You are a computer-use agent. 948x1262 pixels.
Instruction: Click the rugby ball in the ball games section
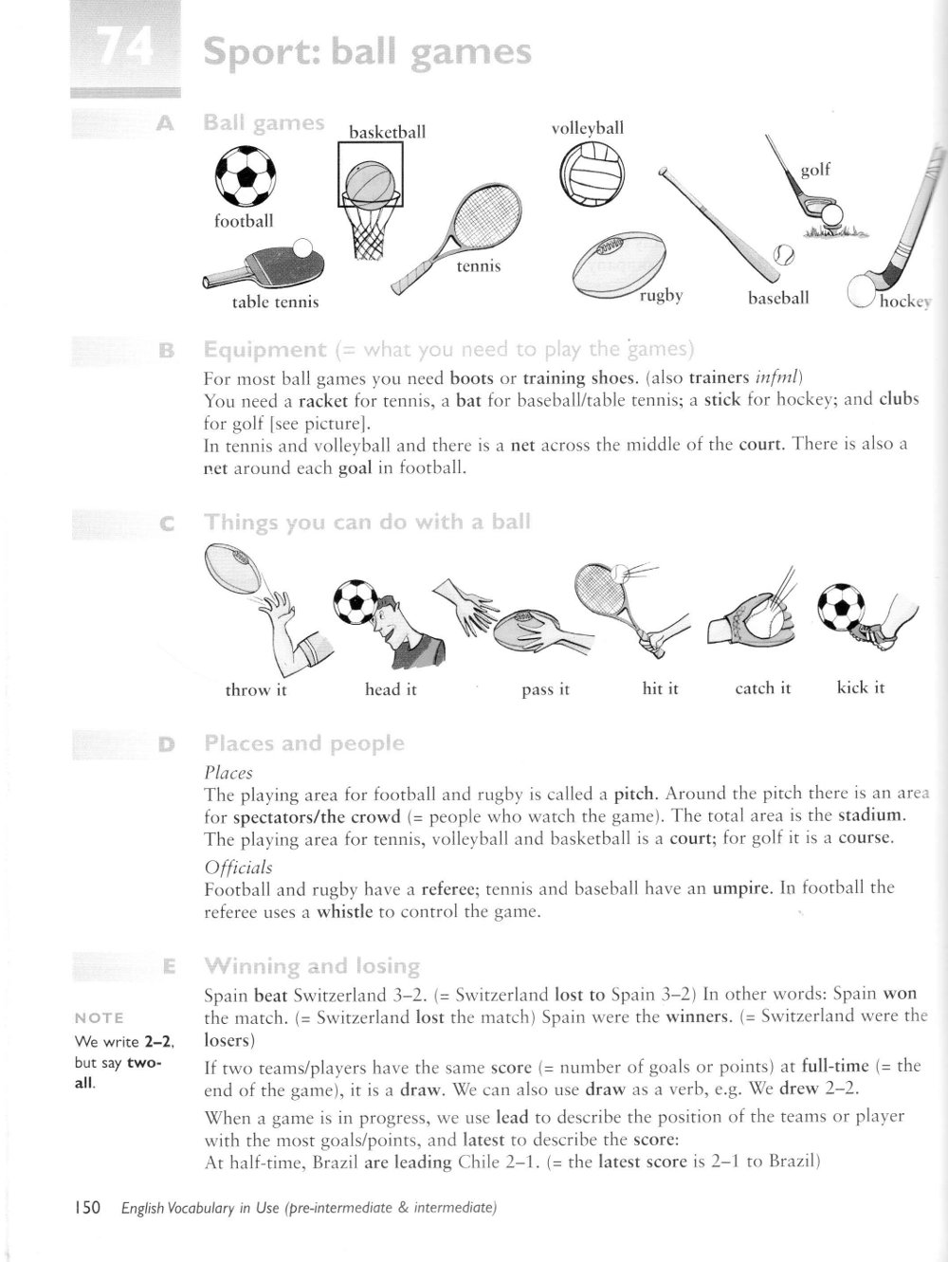click(x=620, y=265)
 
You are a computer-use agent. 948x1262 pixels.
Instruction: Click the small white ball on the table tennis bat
click(x=303, y=248)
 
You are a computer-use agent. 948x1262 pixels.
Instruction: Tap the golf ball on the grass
click(x=831, y=214)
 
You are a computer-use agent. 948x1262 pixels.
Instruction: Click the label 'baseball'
click(x=778, y=298)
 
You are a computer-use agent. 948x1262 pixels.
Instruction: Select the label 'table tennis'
click(x=276, y=302)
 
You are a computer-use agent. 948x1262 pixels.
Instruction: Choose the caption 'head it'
click(x=391, y=689)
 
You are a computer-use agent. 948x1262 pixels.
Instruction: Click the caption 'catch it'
click(x=762, y=687)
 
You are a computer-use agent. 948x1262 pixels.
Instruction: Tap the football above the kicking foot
click(x=842, y=604)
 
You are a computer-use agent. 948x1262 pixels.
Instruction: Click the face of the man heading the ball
click(x=389, y=626)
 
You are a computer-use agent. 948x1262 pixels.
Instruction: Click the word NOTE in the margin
click(x=99, y=1017)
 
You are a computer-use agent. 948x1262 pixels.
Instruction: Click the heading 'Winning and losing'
click(x=312, y=966)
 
